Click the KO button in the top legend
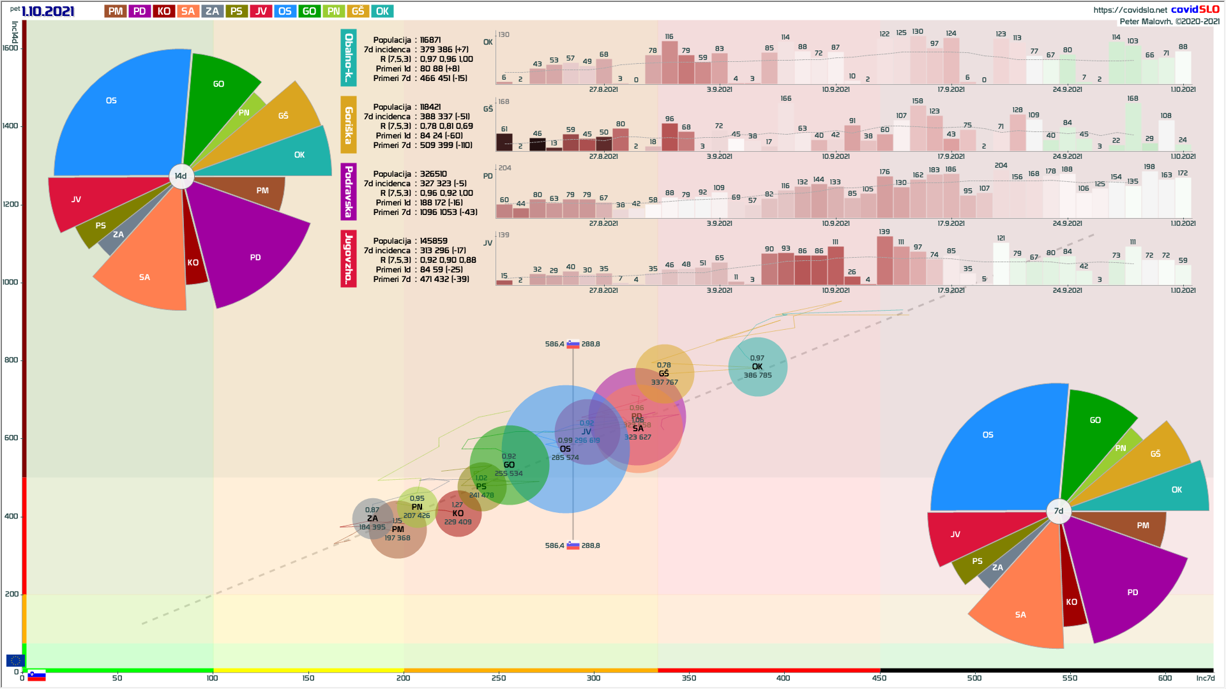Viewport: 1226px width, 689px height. [163, 11]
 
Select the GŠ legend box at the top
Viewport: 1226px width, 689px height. [358, 11]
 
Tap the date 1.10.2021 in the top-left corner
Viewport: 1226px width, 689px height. [48, 11]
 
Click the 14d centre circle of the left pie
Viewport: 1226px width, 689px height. [181, 176]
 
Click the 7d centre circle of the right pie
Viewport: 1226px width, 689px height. [1059, 511]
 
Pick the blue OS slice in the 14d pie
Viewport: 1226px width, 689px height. [121, 115]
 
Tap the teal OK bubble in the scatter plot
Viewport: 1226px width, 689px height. [757, 367]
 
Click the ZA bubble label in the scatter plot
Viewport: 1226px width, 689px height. [372, 519]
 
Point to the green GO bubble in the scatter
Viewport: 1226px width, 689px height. [509, 465]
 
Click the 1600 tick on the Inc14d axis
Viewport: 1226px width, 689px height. [10, 48]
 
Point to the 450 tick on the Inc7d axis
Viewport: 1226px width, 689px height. [879, 678]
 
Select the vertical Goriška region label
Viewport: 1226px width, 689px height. [348, 125]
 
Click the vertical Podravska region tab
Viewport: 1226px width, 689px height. [348, 191]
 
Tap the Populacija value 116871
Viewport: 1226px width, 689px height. [430, 40]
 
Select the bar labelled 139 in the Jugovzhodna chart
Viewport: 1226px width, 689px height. [884, 260]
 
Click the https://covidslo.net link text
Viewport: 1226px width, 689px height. [1130, 10]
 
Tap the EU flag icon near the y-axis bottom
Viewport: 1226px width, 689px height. [15, 660]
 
